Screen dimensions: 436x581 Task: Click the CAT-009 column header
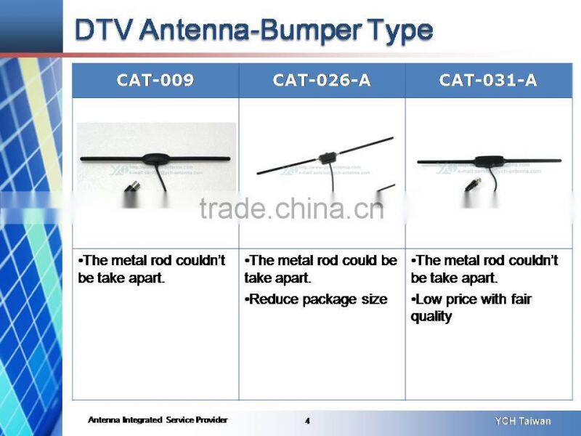click(155, 80)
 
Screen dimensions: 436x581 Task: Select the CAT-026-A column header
click(322, 80)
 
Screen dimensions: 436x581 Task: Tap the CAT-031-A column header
click(488, 80)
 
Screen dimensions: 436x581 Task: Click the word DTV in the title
click(104, 31)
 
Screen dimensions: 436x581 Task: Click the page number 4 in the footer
click(307, 421)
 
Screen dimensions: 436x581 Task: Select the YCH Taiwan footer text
click(523, 421)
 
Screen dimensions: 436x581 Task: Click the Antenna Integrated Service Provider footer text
click(158, 420)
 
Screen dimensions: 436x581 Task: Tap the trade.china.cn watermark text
click(290, 209)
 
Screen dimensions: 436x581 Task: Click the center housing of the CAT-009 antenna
click(155, 158)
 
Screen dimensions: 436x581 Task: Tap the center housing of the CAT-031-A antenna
click(485, 161)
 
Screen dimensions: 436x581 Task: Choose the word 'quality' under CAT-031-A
click(431, 316)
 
